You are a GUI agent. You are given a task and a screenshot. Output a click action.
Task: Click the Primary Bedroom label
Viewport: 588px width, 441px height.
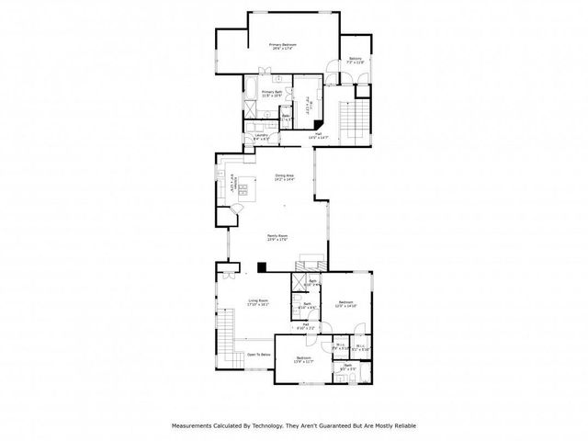click(x=280, y=46)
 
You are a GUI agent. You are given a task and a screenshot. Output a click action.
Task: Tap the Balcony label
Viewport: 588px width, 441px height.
click(x=356, y=60)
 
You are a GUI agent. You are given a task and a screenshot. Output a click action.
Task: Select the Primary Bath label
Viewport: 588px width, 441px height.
click(x=271, y=94)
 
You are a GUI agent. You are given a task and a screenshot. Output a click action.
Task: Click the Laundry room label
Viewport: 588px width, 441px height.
click(x=261, y=137)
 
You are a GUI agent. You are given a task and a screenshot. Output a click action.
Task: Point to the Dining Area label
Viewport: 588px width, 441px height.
click(x=284, y=177)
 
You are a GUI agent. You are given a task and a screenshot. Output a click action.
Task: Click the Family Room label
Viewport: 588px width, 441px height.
click(x=278, y=237)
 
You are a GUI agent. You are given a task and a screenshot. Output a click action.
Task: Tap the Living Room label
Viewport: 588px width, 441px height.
click(x=257, y=302)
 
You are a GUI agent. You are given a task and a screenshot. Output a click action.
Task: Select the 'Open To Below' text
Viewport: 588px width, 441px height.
click(x=257, y=354)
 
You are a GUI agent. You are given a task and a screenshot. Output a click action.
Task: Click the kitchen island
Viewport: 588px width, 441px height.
click(x=244, y=191)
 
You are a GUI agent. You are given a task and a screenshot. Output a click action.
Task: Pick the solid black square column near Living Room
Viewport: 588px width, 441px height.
click(x=262, y=268)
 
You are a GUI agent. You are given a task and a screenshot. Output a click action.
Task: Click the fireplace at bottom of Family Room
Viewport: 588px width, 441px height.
click(x=313, y=260)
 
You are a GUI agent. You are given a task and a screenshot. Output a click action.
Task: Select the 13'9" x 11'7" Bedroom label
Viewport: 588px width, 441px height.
click(x=303, y=359)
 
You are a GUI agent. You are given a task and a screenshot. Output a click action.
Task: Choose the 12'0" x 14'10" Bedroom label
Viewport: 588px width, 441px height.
click(x=345, y=304)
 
